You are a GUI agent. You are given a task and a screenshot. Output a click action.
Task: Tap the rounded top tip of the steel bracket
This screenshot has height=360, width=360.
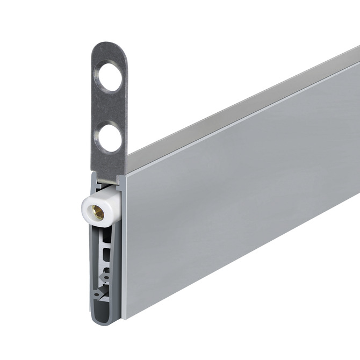click(108, 45)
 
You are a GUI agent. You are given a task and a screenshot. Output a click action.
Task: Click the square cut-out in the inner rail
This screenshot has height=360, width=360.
click(109, 251)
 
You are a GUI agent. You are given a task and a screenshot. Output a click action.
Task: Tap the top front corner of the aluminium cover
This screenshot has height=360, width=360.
click(126, 175)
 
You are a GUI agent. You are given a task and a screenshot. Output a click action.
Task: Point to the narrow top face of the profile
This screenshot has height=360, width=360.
click(242, 107)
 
